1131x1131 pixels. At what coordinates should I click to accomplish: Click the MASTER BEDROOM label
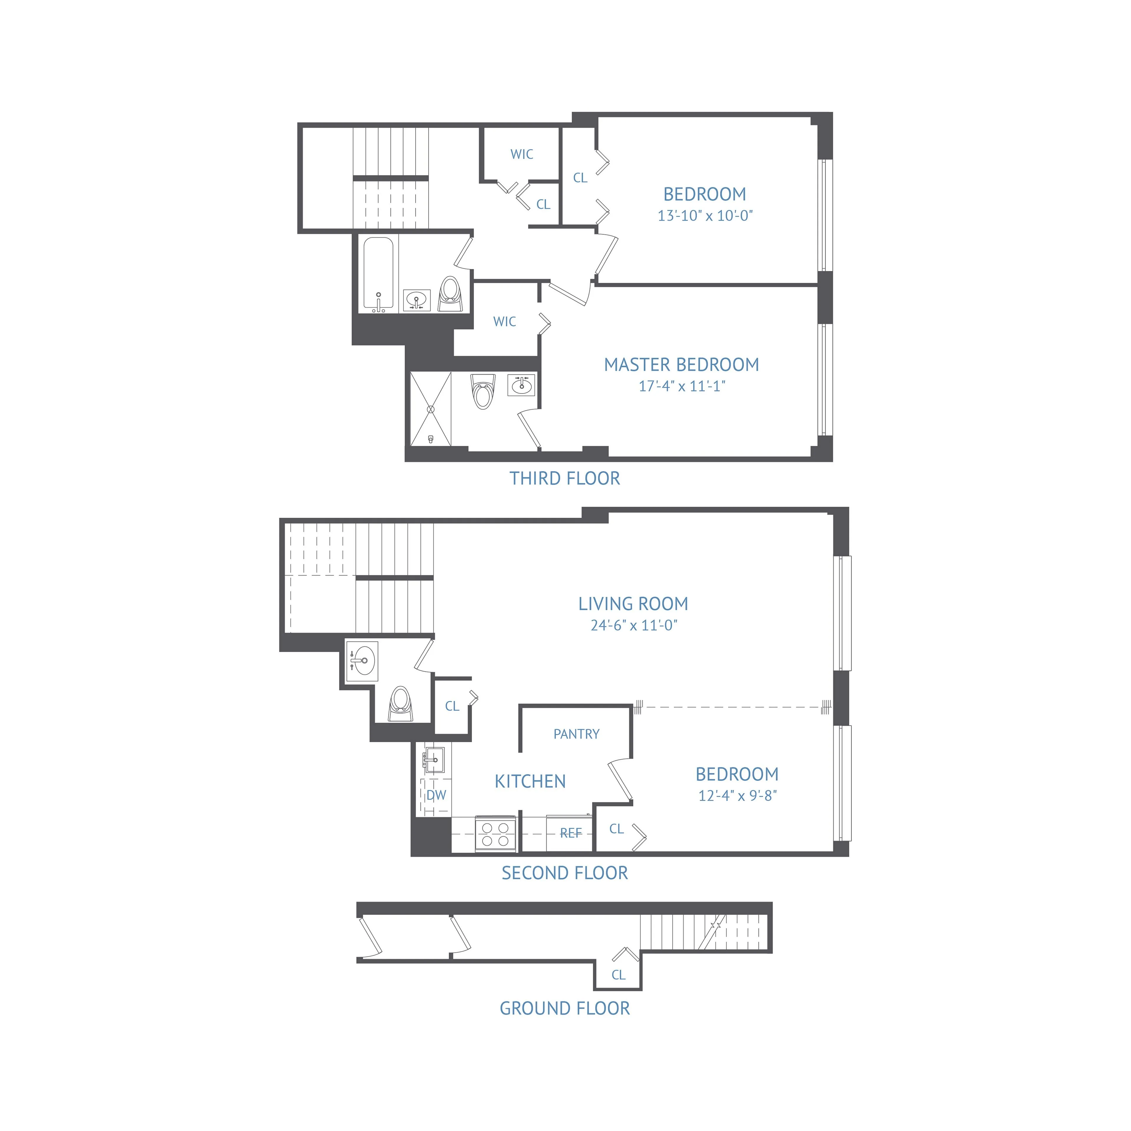click(682, 365)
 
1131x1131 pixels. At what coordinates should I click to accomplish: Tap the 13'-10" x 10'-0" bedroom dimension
click(705, 215)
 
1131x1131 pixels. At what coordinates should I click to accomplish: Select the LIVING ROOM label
click(633, 603)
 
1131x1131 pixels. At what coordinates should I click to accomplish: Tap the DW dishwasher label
click(436, 795)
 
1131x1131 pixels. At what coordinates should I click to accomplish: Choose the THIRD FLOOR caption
click(564, 478)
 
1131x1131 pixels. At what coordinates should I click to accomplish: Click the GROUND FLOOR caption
click(564, 1008)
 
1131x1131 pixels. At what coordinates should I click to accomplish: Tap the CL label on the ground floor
click(618, 975)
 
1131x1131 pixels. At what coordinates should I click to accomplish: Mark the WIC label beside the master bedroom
click(505, 321)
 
